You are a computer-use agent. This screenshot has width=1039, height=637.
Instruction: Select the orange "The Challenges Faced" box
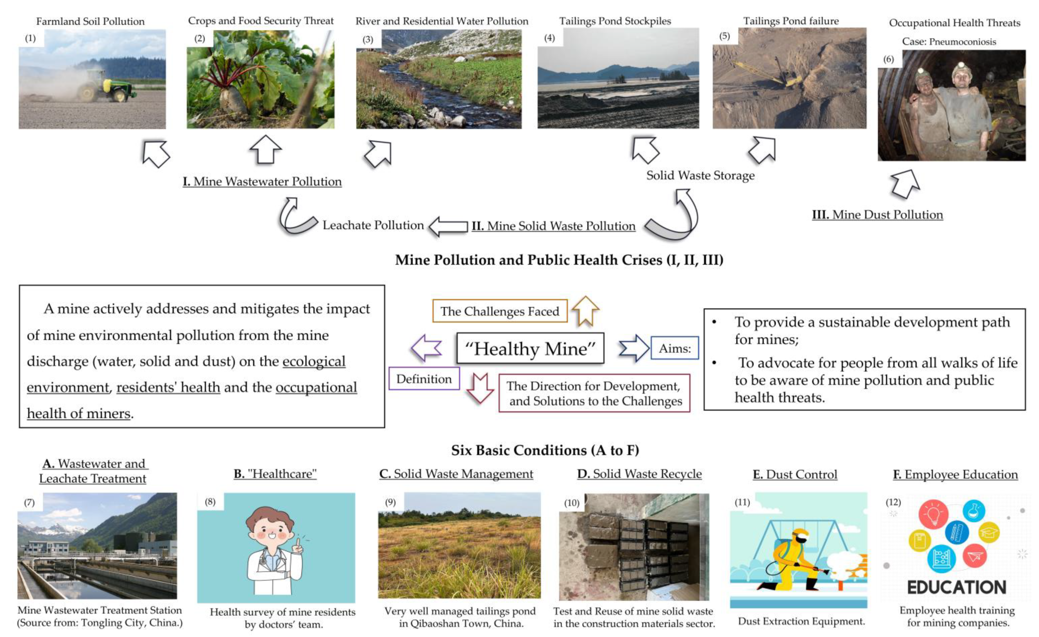click(x=499, y=311)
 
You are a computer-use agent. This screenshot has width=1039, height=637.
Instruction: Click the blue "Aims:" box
click(x=675, y=348)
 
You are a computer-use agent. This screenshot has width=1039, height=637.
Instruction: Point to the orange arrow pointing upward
click(x=585, y=310)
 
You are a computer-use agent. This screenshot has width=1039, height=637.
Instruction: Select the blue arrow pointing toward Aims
click(x=634, y=348)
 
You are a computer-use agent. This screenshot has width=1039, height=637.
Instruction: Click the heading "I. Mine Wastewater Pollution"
click(x=262, y=182)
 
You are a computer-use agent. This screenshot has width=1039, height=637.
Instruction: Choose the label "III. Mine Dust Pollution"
click(x=877, y=215)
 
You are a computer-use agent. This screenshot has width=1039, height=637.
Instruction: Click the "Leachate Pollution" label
click(x=373, y=225)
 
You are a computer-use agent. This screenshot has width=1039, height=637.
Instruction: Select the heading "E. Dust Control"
click(x=795, y=475)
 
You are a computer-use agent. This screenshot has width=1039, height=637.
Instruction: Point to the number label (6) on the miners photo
click(x=888, y=59)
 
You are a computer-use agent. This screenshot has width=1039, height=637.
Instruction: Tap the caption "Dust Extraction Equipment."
click(x=801, y=621)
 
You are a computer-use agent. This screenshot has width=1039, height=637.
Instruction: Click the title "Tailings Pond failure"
click(x=791, y=21)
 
